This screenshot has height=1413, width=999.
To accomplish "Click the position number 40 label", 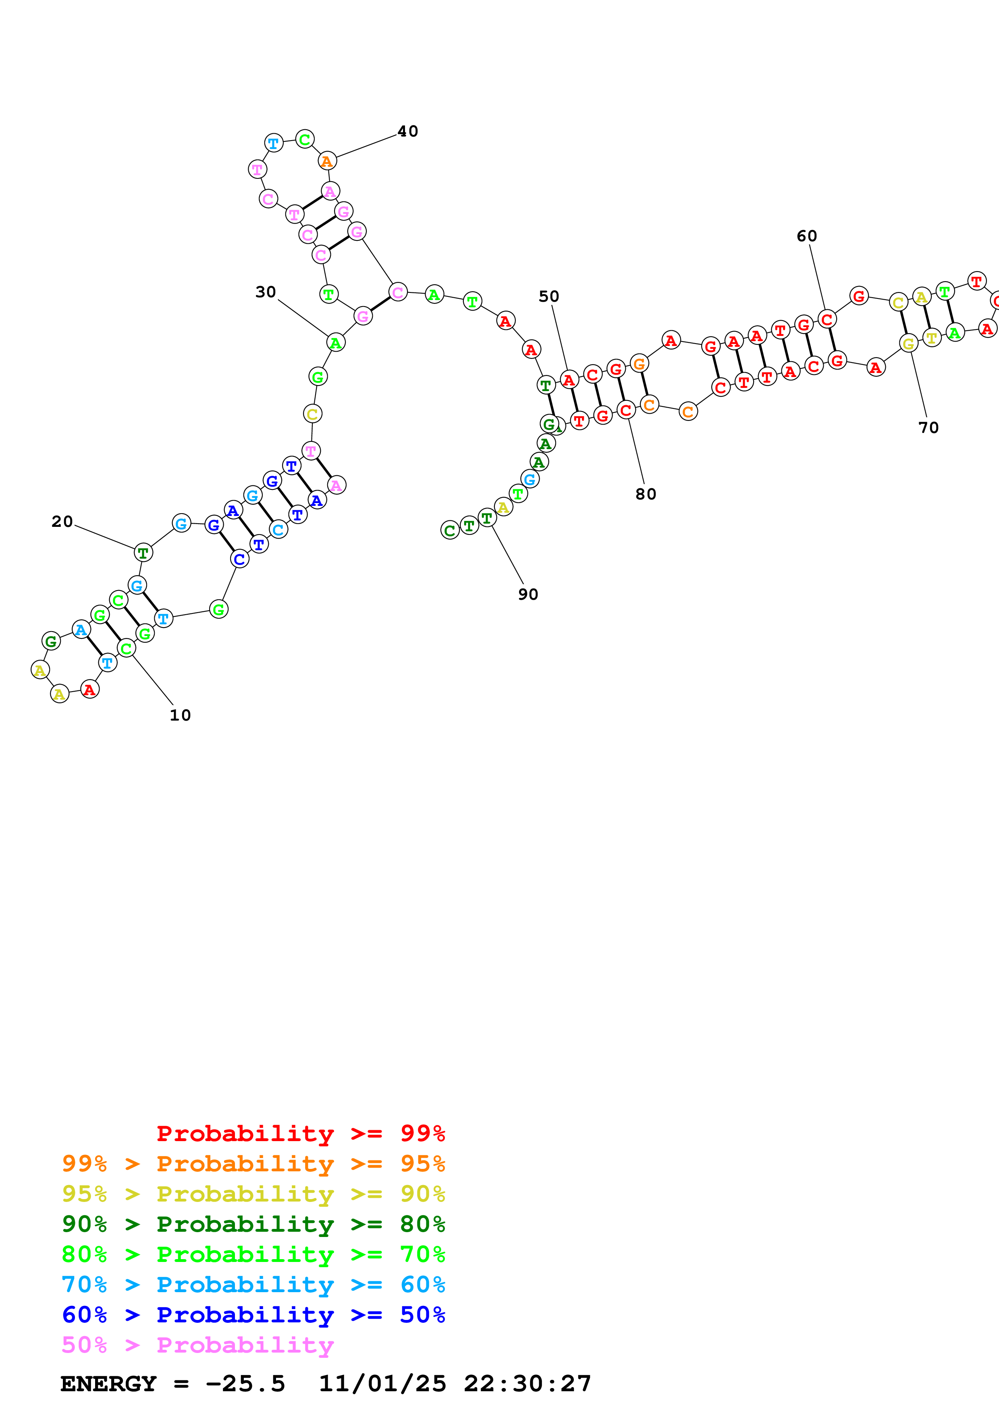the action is tap(407, 131).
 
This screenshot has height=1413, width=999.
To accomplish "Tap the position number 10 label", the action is tap(181, 715).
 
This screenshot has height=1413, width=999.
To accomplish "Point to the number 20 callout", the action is tap(62, 521).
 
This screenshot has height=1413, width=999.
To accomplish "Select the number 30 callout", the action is tap(266, 292).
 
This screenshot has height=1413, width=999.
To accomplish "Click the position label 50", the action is tap(549, 296).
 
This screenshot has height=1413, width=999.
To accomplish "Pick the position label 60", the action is tap(807, 236).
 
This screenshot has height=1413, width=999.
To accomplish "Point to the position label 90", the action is tap(528, 594).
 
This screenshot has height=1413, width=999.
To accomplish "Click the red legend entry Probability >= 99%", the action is tap(301, 1133).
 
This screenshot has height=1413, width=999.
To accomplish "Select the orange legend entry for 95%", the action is tap(253, 1163).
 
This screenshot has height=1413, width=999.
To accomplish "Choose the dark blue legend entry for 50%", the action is tap(253, 1315).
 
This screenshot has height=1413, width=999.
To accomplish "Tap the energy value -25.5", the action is tap(245, 1384).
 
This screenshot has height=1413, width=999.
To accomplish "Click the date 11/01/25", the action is tap(382, 1384).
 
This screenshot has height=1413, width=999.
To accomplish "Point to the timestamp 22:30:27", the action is tap(528, 1384).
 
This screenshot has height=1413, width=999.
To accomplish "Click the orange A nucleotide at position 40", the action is tap(327, 161).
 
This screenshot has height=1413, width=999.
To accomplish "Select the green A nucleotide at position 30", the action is tap(335, 343).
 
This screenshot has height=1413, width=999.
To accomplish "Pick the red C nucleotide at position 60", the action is tap(827, 319).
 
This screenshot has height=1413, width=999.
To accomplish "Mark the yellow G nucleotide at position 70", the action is tap(908, 344).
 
